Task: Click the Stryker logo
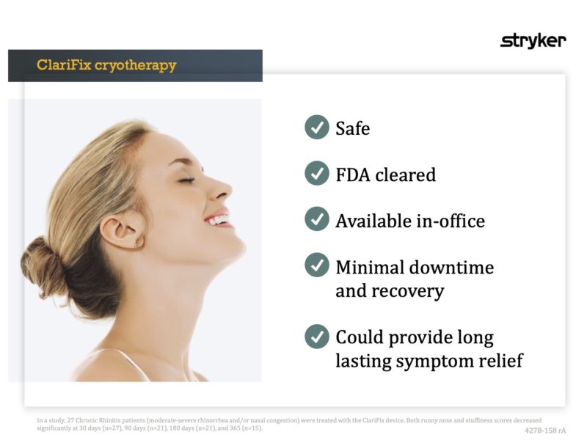point(533,41)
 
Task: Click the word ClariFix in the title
point(64,65)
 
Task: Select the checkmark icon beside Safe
point(316,128)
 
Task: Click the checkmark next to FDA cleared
point(316,174)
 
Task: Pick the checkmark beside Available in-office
point(316,219)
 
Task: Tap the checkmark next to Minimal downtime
point(316,265)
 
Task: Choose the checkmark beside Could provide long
point(316,337)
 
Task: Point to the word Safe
point(352,128)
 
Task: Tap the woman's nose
point(222,189)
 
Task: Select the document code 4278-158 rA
point(545,430)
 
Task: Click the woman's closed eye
point(186,180)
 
